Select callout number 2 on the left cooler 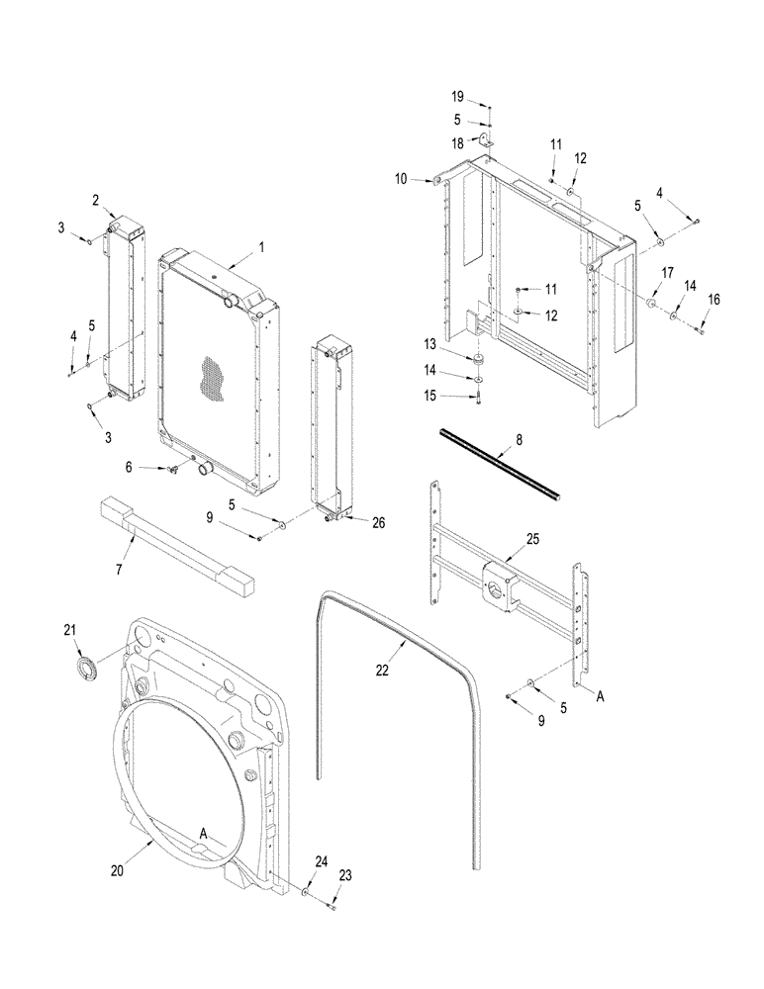click(96, 200)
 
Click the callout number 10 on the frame click(402, 178)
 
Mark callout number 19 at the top click(458, 97)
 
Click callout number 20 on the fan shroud click(117, 870)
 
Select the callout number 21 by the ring click(69, 629)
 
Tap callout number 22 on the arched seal click(383, 671)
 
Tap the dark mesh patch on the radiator click(213, 376)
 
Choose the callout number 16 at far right click(712, 298)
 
